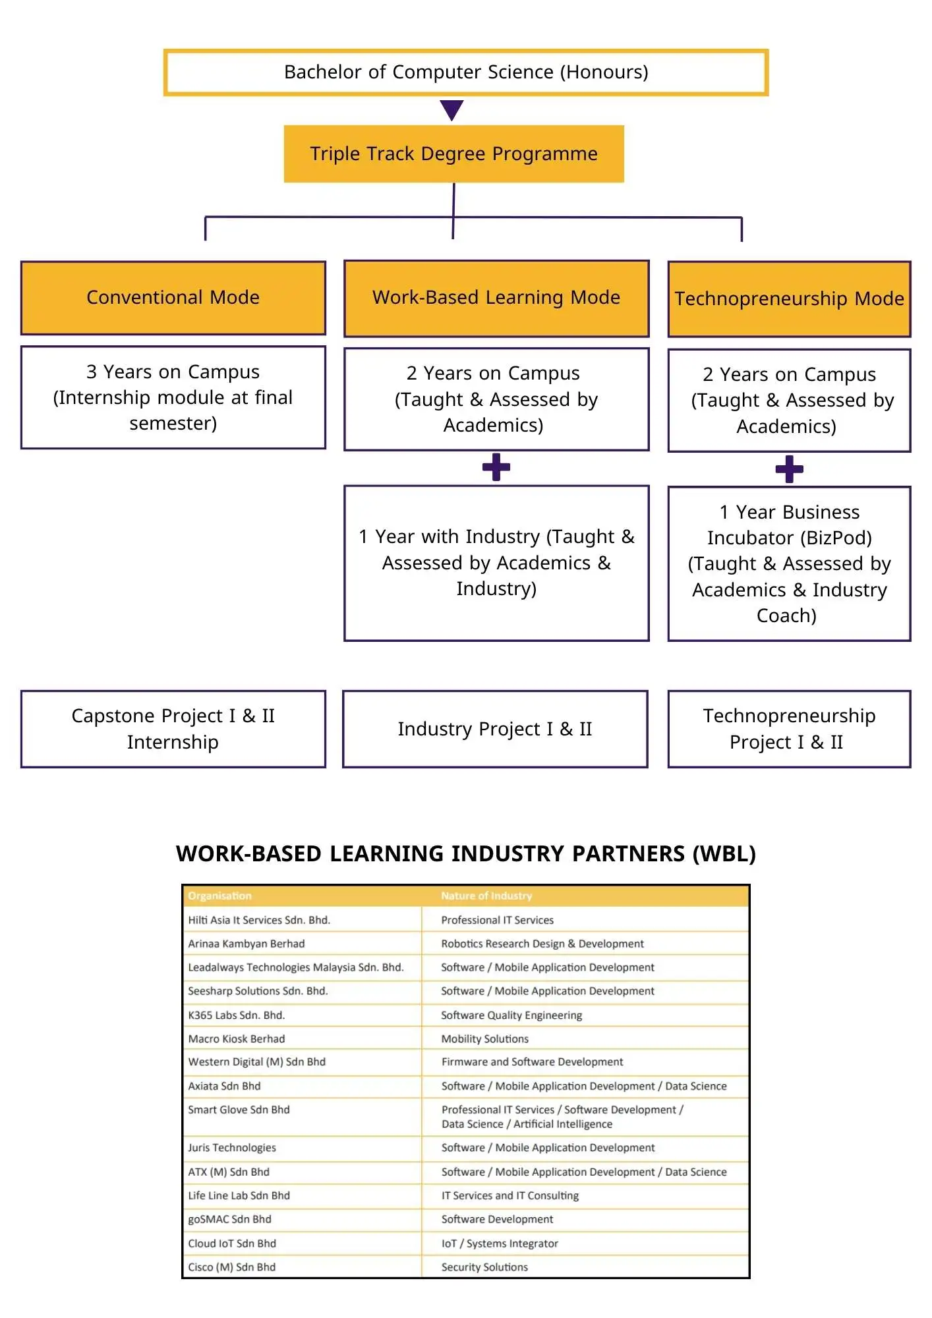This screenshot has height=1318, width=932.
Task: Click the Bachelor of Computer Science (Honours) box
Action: pyautogui.click(x=466, y=72)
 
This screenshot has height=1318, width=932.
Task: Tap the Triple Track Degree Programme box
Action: pyautogui.click(x=453, y=154)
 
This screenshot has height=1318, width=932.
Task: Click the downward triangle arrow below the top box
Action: pyautogui.click(x=452, y=109)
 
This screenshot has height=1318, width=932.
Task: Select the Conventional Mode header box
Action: pyautogui.click(x=173, y=298)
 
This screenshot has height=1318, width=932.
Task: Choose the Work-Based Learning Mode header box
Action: pyautogui.click(x=496, y=298)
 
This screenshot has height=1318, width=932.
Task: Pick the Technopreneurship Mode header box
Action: pyautogui.click(x=789, y=299)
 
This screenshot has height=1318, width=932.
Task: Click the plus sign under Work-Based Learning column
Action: pyautogui.click(x=496, y=467)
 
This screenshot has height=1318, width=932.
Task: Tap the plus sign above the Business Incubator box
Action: pyautogui.click(x=789, y=469)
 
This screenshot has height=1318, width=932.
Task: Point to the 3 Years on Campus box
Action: pyautogui.click(x=173, y=397)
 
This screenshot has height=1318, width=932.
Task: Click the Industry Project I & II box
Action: pyautogui.click(x=495, y=729)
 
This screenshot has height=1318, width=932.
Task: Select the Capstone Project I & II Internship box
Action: pyautogui.click(x=173, y=729)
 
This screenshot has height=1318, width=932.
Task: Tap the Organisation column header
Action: pyautogui.click(x=219, y=896)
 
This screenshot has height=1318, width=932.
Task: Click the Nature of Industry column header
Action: pyautogui.click(x=486, y=896)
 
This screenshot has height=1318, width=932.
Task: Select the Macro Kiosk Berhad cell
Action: pyautogui.click(x=237, y=1039)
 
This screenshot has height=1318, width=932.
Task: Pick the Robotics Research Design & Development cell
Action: pyautogui.click(x=542, y=944)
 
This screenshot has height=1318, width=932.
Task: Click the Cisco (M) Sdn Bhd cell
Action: pyautogui.click(x=232, y=1267)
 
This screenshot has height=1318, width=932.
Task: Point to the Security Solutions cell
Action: pyautogui.click(x=484, y=1267)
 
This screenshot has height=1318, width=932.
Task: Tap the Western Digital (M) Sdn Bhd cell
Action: pyautogui.click(x=257, y=1062)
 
